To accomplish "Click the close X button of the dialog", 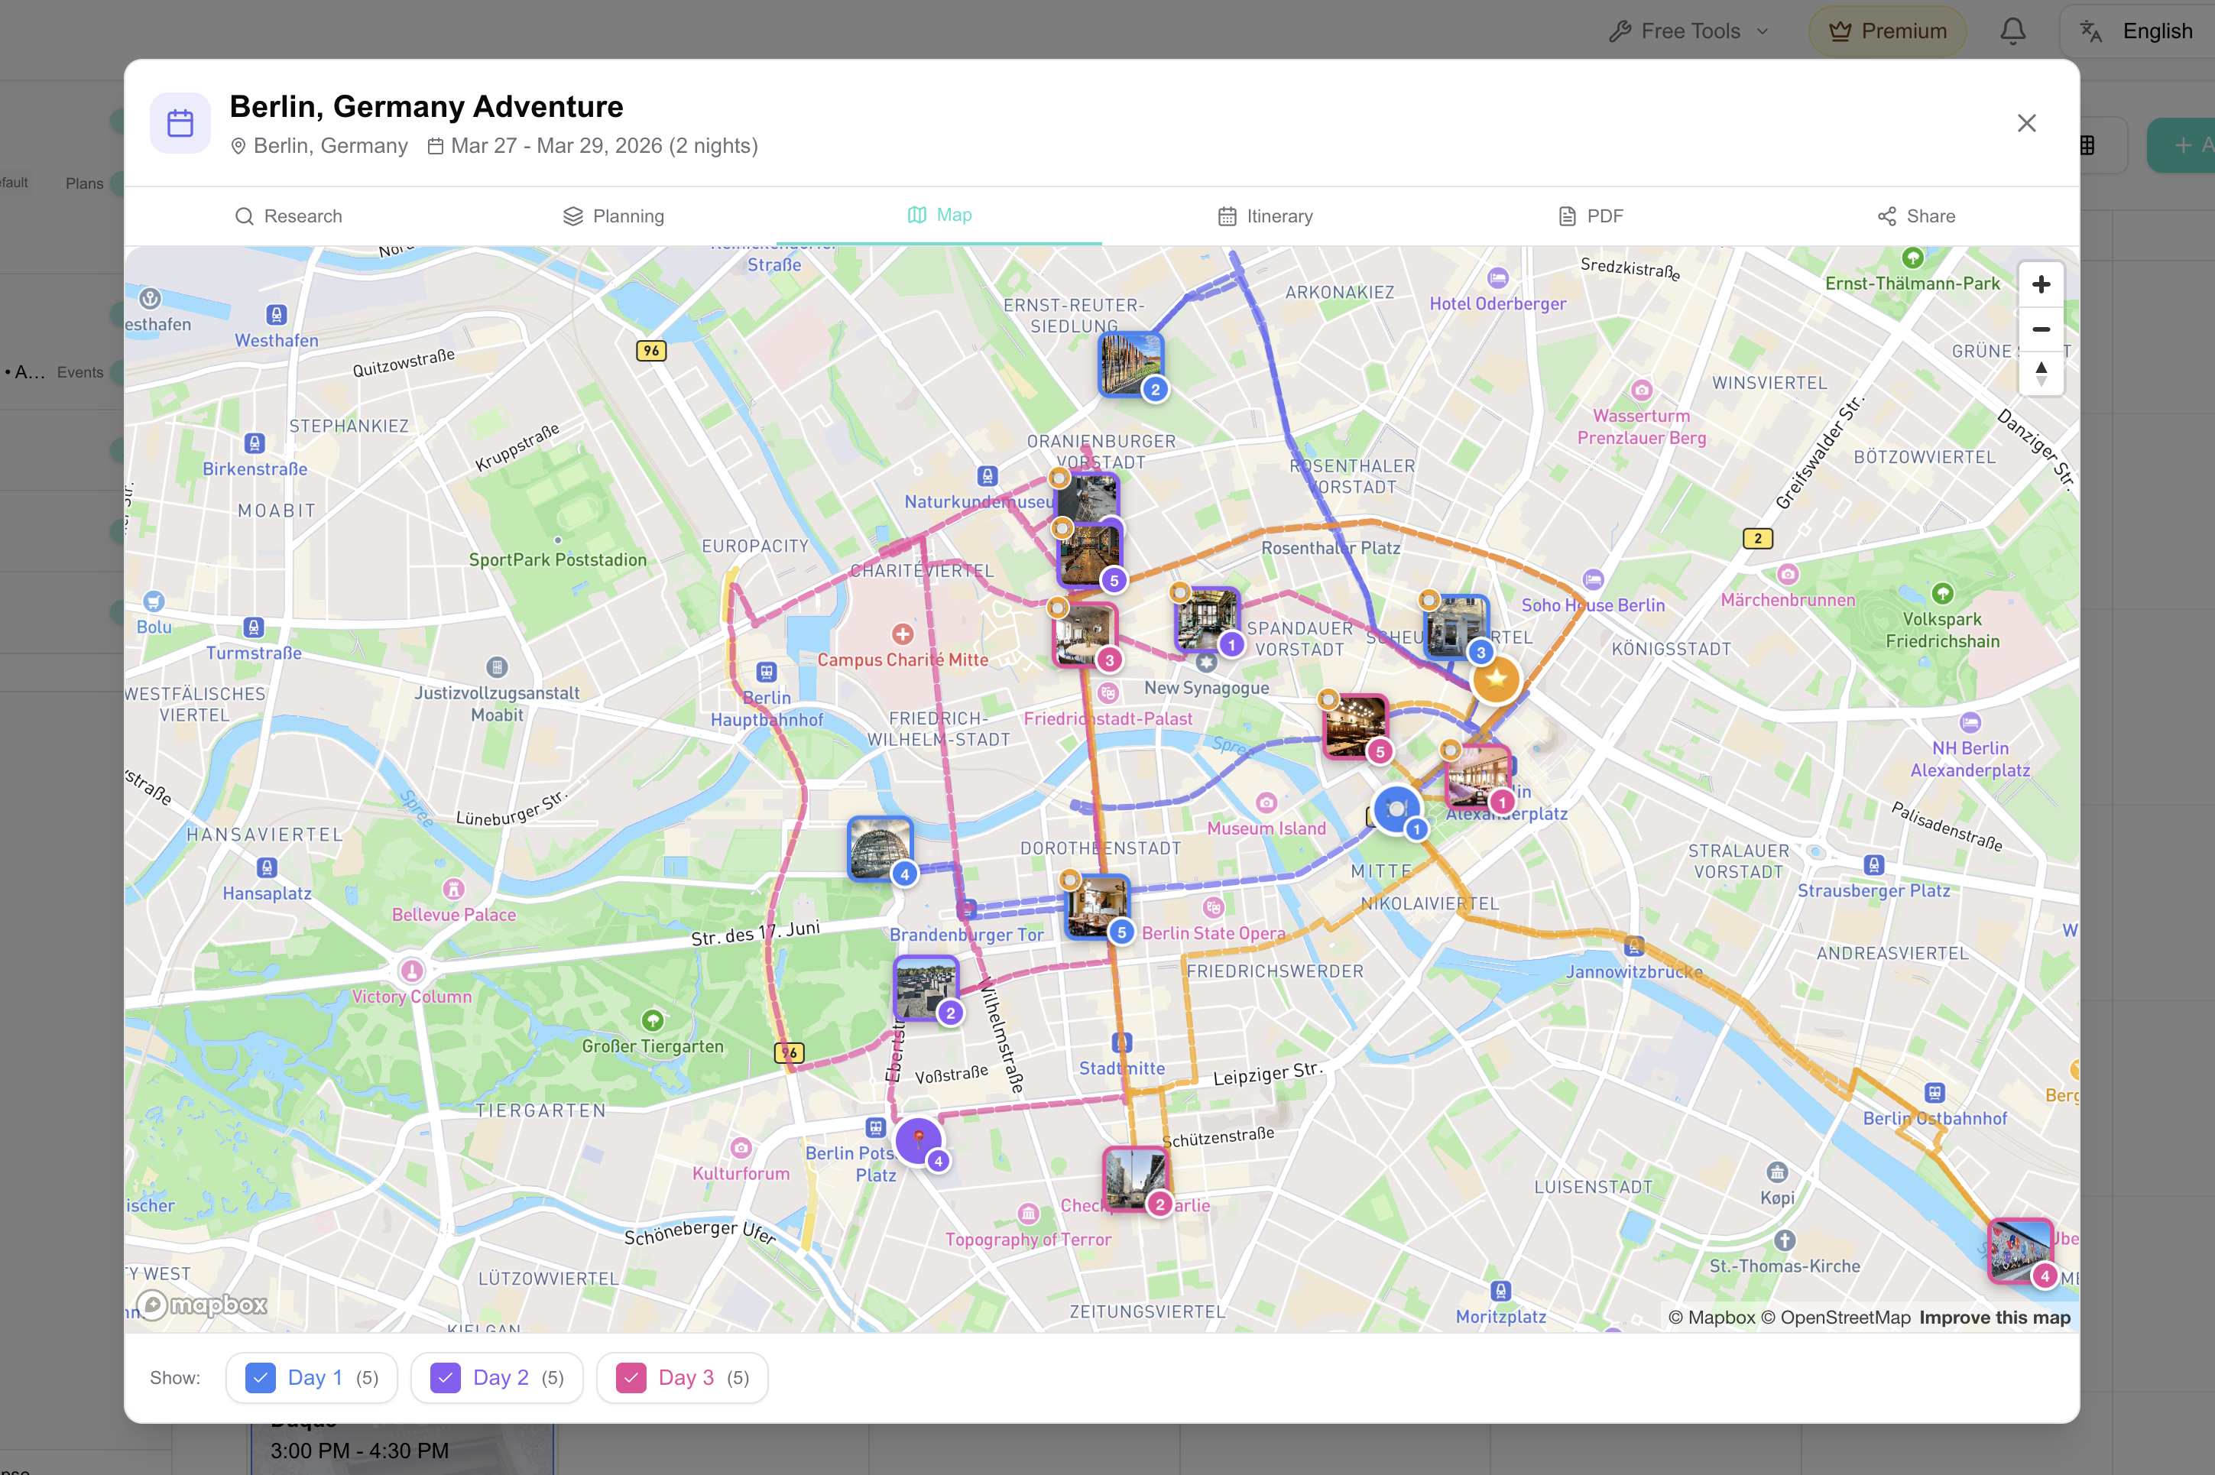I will [x=2026, y=123].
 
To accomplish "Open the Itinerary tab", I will [x=1265, y=216].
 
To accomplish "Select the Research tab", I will [x=288, y=216].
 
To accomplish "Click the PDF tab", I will [x=1591, y=216].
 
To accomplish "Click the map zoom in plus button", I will [x=2040, y=284].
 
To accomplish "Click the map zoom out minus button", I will [x=2040, y=329].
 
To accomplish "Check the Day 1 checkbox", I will [x=261, y=1377].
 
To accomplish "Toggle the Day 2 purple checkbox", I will [x=445, y=1377].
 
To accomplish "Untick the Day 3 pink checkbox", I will [x=630, y=1377].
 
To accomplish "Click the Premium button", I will [x=1887, y=31].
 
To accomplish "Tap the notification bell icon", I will [x=2012, y=31].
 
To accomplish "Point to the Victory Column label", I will [x=412, y=996].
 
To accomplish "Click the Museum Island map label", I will [x=1266, y=828].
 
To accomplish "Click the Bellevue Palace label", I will [x=454, y=914].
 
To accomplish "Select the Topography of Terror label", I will [x=1028, y=1239].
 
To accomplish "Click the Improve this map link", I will [x=1994, y=1317].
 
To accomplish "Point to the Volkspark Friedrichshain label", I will [x=1942, y=631].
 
